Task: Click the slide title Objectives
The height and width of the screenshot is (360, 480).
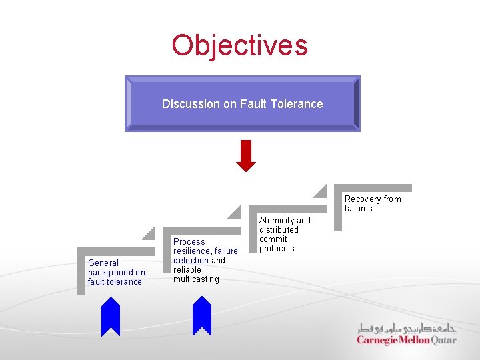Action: coord(240,45)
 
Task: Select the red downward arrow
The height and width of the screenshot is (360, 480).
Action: coord(246,155)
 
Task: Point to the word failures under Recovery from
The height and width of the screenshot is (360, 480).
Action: coord(359,209)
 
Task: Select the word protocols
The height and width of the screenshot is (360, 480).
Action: coord(277,249)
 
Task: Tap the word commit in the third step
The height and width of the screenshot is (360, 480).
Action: coord(273,239)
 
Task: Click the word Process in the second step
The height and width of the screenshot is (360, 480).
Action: coord(189,242)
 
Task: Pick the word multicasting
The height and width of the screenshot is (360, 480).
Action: coord(196,279)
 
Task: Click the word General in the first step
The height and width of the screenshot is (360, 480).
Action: coord(103,263)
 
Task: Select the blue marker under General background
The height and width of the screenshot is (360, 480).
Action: coord(111,316)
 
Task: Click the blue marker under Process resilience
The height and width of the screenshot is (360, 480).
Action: coord(201,316)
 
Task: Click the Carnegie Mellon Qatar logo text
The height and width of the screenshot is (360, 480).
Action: coord(407,340)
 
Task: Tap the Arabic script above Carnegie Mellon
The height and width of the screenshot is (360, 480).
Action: coord(407,328)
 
